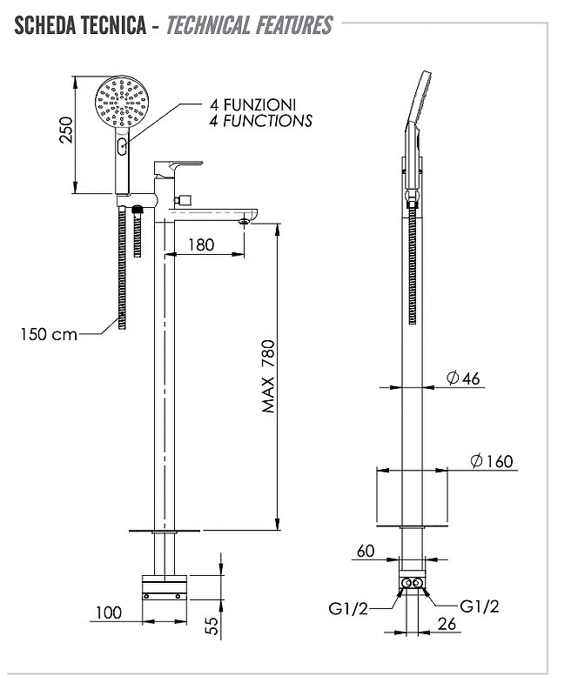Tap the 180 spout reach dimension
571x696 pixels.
(x=201, y=244)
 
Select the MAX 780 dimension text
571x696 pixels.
(x=268, y=377)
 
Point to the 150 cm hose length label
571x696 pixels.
(x=49, y=334)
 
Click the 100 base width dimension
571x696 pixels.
(x=109, y=613)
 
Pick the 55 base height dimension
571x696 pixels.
(x=213, y=626)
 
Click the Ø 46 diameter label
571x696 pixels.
(x=463, y=378)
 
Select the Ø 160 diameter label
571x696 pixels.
(x=492, y=461)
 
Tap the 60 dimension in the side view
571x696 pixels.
(x=366, y=551)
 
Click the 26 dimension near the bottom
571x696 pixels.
(x=447, y=624)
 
